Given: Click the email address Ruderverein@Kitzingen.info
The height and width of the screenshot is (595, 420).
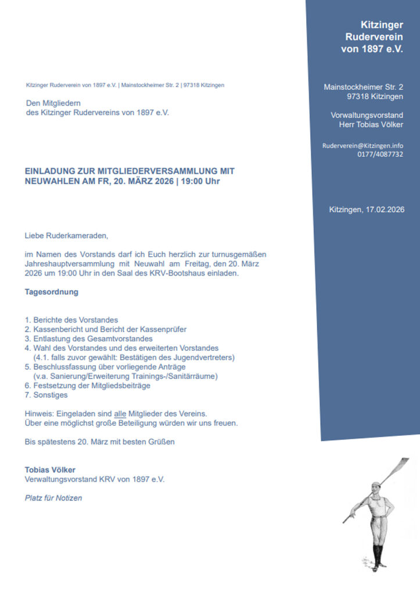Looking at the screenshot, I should (x=362, y=145).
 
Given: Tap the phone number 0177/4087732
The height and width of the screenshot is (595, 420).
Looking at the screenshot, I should (x=380, y=155).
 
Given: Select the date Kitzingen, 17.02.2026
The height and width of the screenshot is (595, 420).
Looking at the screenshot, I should (x=367, y=209).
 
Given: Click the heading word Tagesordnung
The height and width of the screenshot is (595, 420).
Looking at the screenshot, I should (x=51, y=292).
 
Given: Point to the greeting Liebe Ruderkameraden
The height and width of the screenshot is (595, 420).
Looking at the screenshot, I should (x=66, y=236).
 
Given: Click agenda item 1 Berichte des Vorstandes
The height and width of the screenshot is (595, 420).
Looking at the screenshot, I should (x=71, y=320).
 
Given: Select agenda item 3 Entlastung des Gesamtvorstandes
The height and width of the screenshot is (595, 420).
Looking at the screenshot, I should (x=88, y=339).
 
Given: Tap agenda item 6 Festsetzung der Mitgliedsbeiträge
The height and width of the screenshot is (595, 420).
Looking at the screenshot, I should (x=88, y=386).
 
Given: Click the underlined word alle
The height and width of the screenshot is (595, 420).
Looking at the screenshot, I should (x=120, y=413).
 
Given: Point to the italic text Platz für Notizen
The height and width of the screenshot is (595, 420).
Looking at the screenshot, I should (x=53, y=498).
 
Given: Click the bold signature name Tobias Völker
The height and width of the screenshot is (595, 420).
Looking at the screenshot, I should (x=50, y=469).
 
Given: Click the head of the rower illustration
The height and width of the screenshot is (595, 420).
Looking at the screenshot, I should (x=376, y=485).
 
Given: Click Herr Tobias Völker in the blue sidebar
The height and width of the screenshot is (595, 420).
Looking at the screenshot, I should (x=371, y=124).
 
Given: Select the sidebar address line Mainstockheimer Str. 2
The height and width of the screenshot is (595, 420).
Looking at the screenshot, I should (x=363, y=87).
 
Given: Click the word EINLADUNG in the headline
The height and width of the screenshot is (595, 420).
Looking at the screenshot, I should (x=50, y=172).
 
